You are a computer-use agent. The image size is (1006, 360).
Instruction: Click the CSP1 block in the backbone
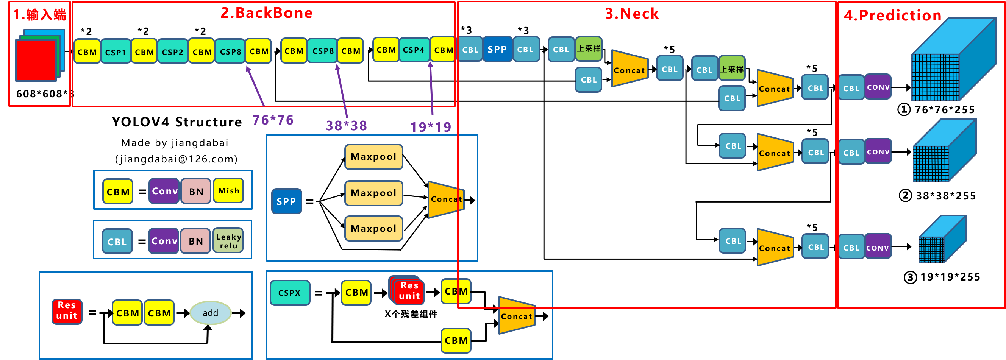pos(116,51)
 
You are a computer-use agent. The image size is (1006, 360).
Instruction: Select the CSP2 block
pos(172,51)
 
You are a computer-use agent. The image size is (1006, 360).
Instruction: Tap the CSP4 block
pos(414,50)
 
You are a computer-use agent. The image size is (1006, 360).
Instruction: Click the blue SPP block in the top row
pos(497,50)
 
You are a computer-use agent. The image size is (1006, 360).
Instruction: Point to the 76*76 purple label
pos(273,120)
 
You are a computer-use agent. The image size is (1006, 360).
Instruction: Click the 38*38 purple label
pos(347,126)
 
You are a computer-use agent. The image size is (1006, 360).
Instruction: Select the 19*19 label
pos(430,127)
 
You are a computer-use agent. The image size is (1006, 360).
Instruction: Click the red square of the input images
pos(36,60)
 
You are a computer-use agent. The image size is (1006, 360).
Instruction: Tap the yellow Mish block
pos(228,191)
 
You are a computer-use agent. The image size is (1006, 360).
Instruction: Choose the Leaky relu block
pos(228,241)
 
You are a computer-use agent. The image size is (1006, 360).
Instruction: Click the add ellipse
pos(210,313)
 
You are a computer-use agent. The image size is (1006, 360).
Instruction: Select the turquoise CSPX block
pos(289,293)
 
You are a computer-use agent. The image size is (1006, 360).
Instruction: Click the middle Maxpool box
pos(373,193)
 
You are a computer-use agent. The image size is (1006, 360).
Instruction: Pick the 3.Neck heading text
pos(631,14)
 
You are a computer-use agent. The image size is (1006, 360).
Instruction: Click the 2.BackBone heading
pos(266,13)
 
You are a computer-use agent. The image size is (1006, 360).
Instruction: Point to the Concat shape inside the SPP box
pos(445,199)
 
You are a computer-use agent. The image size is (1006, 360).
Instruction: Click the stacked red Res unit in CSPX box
pos(408,291)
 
